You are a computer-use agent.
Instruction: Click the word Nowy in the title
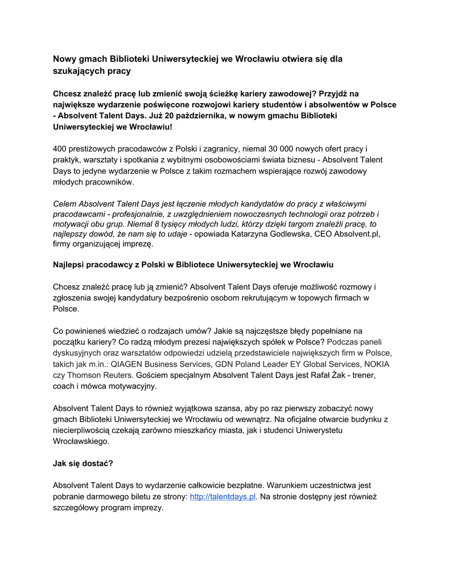click(64, 59)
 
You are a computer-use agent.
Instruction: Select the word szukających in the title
click(78, 71)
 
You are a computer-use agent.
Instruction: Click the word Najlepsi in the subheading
click(70, 265)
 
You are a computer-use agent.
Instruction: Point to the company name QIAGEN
click(129, 364)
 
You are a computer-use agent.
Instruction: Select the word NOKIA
click(377, 364)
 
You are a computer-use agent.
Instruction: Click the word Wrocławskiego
click(80, 441)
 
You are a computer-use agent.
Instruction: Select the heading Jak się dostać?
click(83, 463)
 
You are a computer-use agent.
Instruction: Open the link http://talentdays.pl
click(223, 496)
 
